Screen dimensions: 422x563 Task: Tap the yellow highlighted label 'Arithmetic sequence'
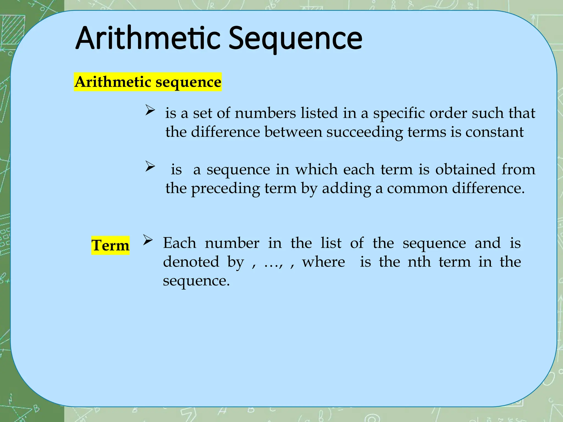click(x=148, y=82)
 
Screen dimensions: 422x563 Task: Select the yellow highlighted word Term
click(x=110, y=245)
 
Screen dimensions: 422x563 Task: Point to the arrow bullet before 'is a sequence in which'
click(x=150, y=166)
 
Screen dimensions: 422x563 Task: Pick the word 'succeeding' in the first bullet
click(x=365, y=132)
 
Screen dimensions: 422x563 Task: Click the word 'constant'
click(x=494, y=132)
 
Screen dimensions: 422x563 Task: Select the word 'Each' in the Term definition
click(x=180, y=243)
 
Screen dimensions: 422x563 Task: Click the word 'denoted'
click(x=191, y=262)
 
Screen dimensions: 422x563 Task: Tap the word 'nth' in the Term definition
click(x=419, y=262)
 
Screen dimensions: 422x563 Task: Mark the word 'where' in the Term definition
click(x=323, y=262)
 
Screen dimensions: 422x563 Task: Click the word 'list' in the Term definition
click(x=331, y=243)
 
